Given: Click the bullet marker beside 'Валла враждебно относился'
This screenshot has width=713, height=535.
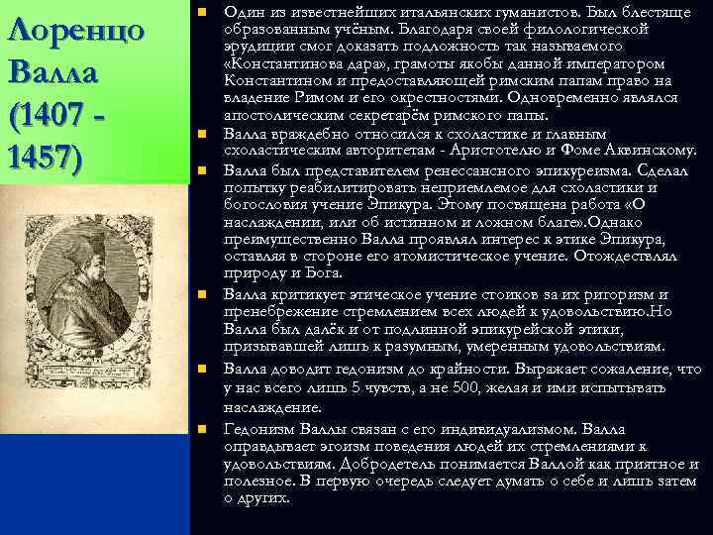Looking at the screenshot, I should (x=201, y=132).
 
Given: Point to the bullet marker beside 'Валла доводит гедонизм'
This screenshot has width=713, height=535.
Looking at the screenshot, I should (x=201, y=369).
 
